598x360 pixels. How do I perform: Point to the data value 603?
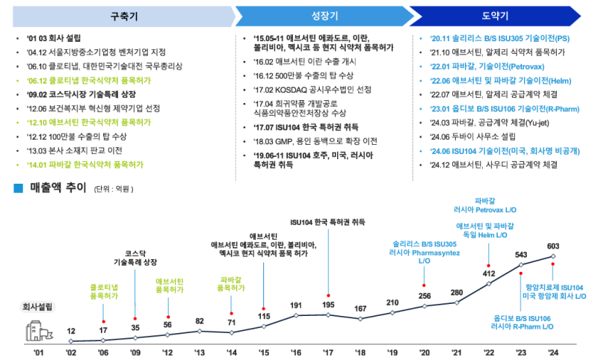tap(553, 246)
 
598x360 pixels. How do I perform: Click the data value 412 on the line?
tap(489, 273)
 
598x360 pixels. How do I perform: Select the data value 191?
tap(296, 305)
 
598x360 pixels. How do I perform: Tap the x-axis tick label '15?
tap(264, 352)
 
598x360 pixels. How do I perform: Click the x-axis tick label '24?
tap(553, 352)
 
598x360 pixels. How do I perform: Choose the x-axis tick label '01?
tap(38, 352)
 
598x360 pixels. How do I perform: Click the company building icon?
tap(37, 331)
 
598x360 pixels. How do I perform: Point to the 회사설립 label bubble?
tap(35, 306)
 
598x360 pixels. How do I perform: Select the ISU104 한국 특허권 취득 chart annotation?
tap(327, 223)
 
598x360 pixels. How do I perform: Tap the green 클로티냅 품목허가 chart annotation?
tap(103, 291)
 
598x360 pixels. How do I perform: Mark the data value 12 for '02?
tap(70, 331)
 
